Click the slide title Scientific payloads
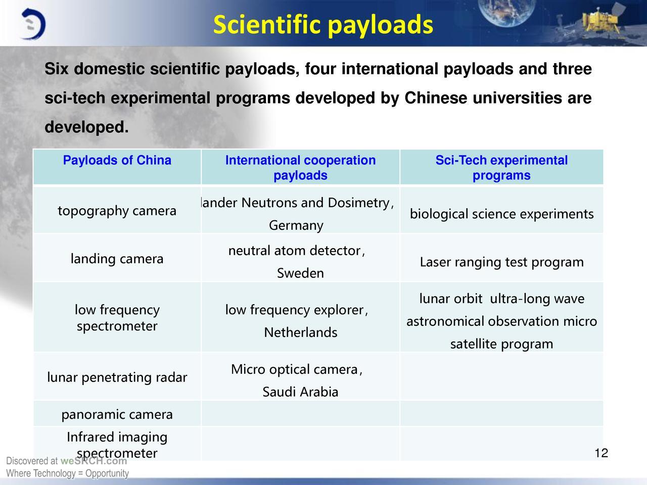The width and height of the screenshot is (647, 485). point(323,25)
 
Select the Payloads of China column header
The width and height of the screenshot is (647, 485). point(117,160)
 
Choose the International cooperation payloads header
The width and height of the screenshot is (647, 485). point(300,168)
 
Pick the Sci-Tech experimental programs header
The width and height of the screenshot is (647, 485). point(501,168)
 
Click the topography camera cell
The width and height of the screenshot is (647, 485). point(117,211)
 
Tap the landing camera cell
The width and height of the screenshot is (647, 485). point(117,259)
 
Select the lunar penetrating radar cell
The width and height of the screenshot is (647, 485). point(117,377)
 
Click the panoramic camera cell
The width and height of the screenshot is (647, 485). point(117,415)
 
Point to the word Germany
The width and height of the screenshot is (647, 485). point(296,225)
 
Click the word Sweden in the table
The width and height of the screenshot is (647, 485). point(300,273)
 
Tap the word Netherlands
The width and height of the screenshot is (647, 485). point(300,332)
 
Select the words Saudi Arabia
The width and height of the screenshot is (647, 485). point(300,392)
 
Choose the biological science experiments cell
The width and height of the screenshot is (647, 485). point(502,214)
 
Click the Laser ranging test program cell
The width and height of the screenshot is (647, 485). point(502,262)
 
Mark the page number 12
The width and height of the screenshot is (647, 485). point(602,453)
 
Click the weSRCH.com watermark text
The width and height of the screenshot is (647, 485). point(94,461)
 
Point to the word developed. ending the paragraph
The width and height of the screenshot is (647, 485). point(86,127)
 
